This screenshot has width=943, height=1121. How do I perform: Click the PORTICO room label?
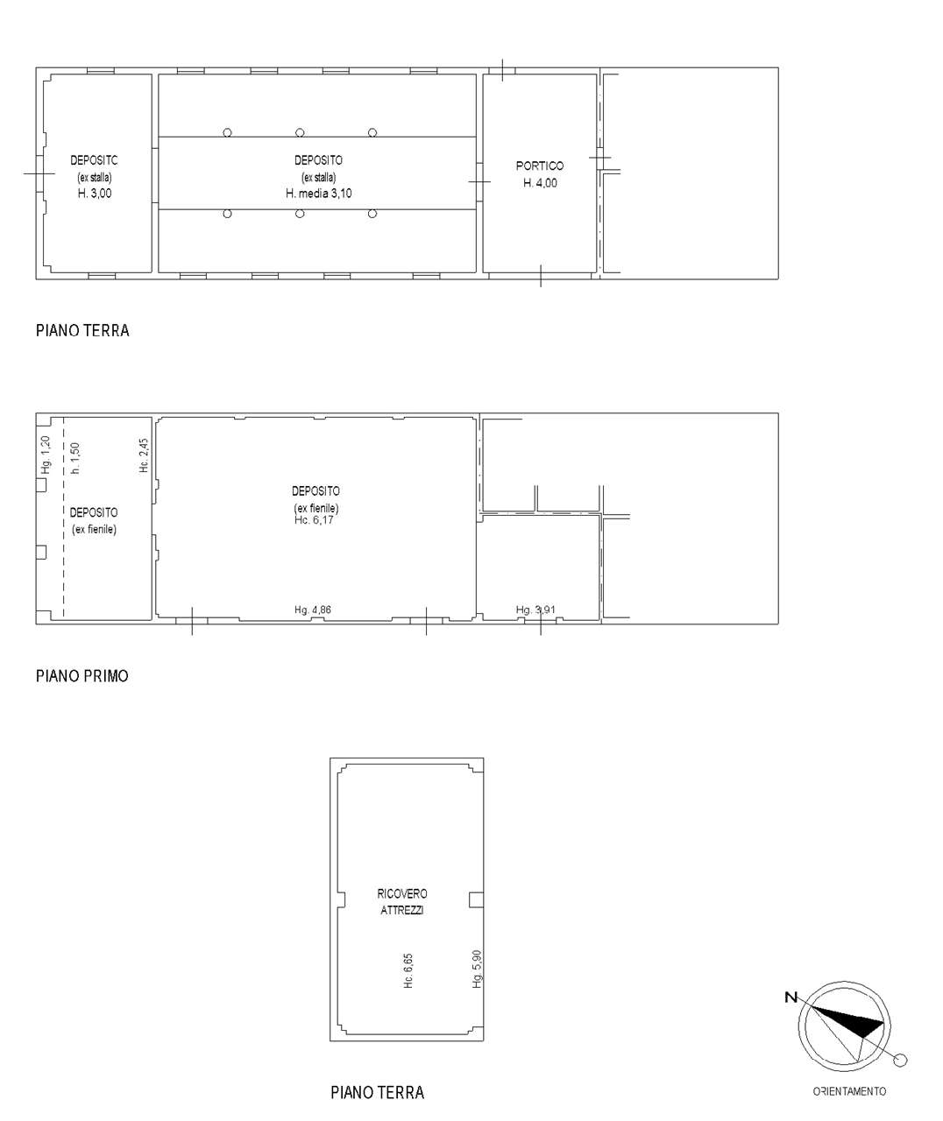[540, 166]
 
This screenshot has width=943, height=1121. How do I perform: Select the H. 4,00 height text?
[540, 183]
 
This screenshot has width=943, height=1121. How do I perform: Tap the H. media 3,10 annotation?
[318, 194]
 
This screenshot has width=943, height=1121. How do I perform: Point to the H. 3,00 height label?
[95, 194]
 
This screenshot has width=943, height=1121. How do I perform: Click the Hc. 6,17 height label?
[315, 520]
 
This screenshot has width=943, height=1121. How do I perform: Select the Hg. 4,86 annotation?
[313, 610]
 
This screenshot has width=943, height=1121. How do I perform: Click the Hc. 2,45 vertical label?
[145, 456]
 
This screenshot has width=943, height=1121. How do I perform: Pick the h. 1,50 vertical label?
[75, 458]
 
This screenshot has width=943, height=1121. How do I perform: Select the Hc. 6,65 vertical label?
[408, 971]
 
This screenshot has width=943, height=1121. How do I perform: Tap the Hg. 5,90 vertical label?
[477, 969]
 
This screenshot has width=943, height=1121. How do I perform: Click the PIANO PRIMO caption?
[82, 676]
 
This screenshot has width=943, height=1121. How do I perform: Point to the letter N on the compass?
[791, 997]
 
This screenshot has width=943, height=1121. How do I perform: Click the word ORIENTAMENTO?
[849, 1091]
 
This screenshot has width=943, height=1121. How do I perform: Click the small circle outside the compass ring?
[900, 1061]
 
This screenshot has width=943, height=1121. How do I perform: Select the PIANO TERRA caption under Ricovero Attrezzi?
[377, 1093]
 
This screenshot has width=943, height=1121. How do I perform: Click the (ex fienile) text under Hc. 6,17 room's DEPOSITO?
[316, 509]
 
